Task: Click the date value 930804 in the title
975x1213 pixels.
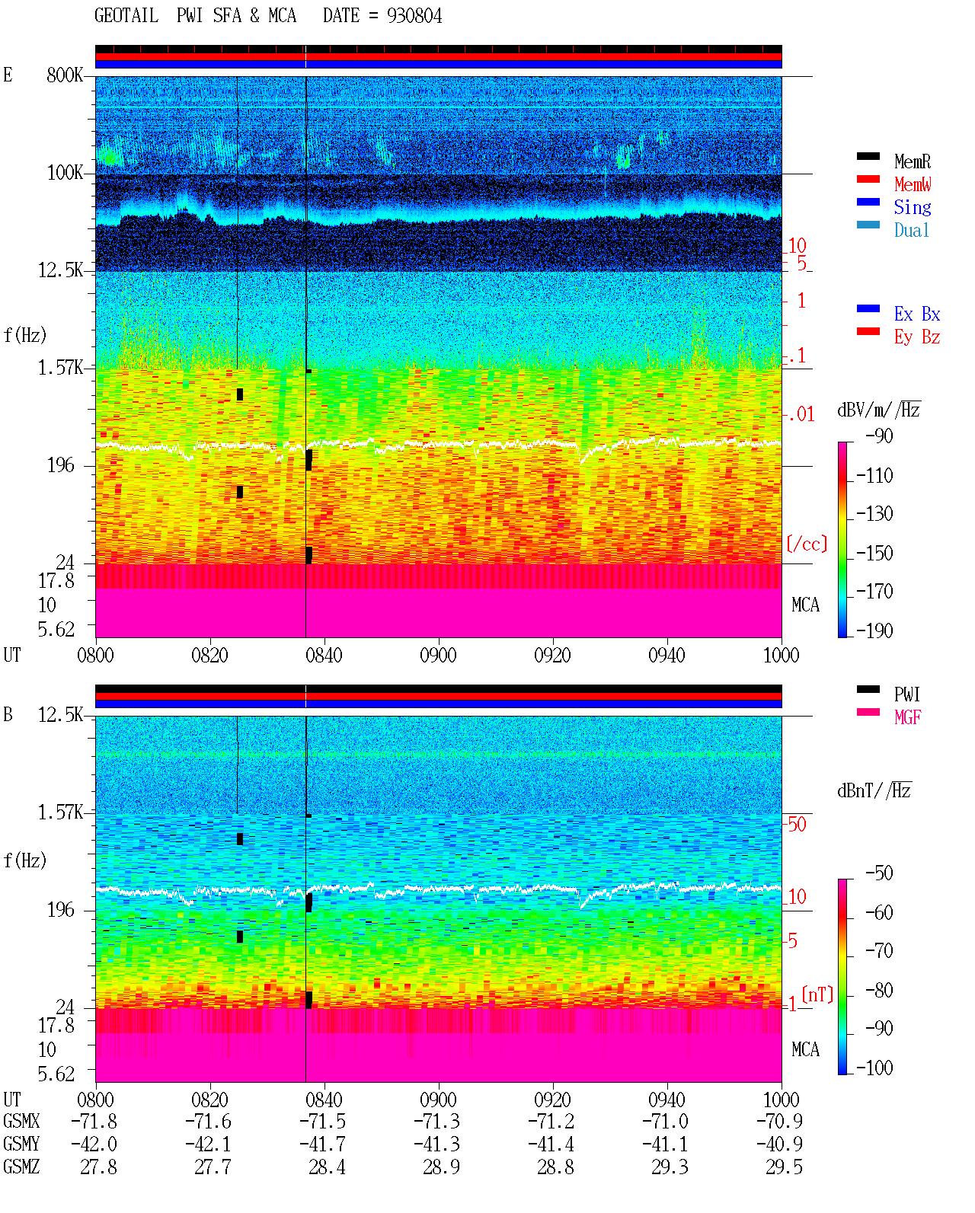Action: click(414, 16)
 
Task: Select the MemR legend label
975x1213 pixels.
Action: click(912, 161)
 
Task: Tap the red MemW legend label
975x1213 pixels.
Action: click(912, 184)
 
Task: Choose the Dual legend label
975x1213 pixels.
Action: click(911, 230)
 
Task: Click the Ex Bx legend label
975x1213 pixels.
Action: click(916, 314)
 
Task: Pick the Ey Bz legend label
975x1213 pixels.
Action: click(916, 337)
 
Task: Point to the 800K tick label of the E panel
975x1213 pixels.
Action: click(65, 75)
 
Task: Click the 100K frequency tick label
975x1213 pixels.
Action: click(65, 173)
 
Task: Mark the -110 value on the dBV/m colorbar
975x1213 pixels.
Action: click(874, 476)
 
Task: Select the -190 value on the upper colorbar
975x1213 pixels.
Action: click(874, 630)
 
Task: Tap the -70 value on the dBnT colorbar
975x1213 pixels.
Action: click(879, 951)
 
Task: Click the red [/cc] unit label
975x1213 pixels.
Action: click(807, 544)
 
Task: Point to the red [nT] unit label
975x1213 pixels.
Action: click(817, 994)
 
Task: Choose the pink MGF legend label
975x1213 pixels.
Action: click(907, 717)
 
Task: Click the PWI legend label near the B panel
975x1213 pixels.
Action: click(906, 694)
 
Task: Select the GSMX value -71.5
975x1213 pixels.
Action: click(322, 1121)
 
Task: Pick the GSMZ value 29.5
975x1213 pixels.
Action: click(784, 1167)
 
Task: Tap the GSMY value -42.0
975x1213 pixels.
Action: click(94, 1144)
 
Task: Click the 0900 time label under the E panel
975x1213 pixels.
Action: click(438, 655)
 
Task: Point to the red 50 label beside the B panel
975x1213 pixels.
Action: click(797, 824)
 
